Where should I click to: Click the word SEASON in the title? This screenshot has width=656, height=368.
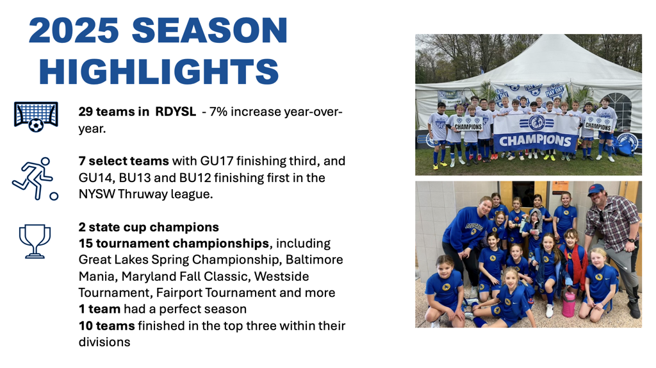(x=209, y=30)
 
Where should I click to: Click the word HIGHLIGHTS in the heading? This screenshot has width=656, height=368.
(x=159, y=71)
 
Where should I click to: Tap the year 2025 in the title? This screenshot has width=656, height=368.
(x=74, y=30)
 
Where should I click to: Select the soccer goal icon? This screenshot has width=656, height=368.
(x=36, y=117)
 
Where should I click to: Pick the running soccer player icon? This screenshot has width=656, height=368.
(x=35, y=179)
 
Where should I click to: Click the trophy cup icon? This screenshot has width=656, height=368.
(x=35, y=241)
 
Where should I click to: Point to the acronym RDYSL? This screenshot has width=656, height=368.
(x=176, y=112)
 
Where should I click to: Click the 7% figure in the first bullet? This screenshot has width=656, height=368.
(x=218, y=112)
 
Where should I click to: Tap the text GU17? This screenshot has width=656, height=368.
(x=216, y=161)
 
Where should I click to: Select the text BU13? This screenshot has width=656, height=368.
(x=135, y=178)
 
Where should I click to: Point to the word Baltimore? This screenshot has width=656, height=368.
(x=314, y=260)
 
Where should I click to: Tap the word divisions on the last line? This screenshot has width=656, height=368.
(x=104, y=342)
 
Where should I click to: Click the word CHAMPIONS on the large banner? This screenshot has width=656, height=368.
(x=535, y=140)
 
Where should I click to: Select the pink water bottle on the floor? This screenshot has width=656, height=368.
(x=568, y=305)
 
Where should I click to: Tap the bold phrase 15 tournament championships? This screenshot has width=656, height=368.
(x=174, y=243)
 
